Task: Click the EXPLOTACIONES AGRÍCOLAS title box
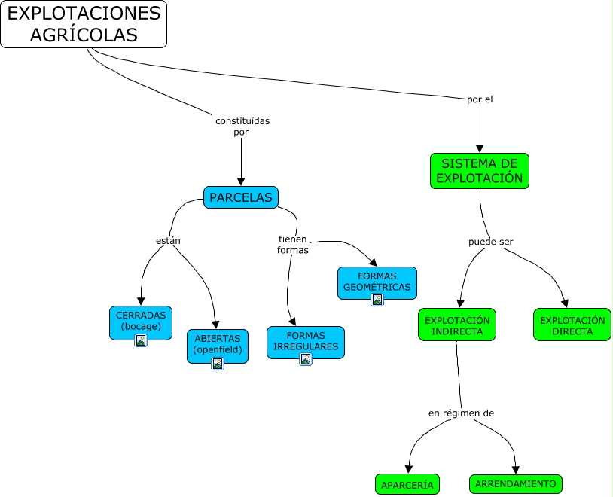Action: (x=84, y=24)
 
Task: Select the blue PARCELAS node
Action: (x=240, y=197)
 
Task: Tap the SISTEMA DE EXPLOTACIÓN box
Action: (x=479, y=171)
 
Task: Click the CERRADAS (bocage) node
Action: (x=141, y=320)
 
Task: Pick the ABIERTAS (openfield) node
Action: (x=217, y=344)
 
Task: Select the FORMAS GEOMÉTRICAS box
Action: (x=377, y=280)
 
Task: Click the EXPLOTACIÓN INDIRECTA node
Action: (x=457, y=325)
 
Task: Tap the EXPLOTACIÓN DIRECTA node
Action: (x=572, y=325)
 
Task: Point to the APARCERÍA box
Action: (x=407, y=485)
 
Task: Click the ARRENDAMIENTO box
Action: (x=515, y=483)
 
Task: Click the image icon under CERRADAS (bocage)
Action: (x=141, y=340)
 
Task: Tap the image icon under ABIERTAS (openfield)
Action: (x=218, y=364)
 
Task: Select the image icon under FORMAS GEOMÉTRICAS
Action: (x=377, y=300)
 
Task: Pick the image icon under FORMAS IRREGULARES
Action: (x=306, y=359)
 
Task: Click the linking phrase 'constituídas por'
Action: (x=242, y=126)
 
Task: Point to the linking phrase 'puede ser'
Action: (x=490, y=242)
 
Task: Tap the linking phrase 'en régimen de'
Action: (x=461, y=413)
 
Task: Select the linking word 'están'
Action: (x=168, y=240)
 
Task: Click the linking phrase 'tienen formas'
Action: (x=292, y=244)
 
